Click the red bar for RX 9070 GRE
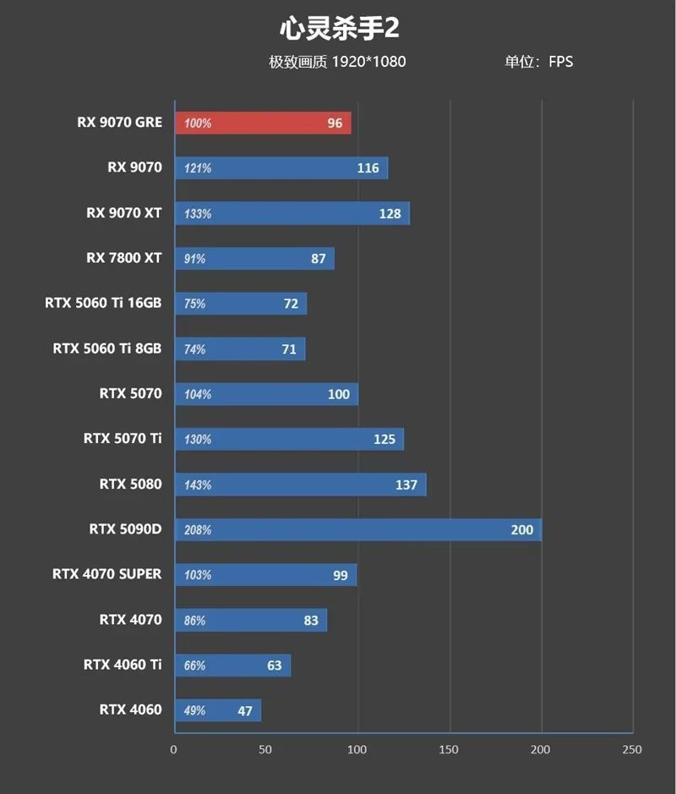[x=263, y=123]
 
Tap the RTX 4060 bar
[x=218, y=711]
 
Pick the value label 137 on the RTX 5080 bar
[x=406, y=485]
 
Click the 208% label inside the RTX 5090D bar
[x=198, y=530]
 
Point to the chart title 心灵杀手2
[x=339, y=29]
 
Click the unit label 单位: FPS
[x=539, y=62]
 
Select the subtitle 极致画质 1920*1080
[x=337, y=62]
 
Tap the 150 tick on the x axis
[x=450, y=749]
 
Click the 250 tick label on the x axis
[x=632, y=749]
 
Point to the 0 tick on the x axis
[x=174, y=749]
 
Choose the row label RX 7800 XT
[x=123, y=258]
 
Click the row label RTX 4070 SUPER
[x=106, y=574]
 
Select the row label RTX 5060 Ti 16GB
[x=103, y=303]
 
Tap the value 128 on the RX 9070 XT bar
[x=390, y=214]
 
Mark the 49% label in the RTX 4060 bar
[x=194, y=711]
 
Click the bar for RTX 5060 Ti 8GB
[x=240, y=349]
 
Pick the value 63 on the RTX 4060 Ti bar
[x=275, y=665]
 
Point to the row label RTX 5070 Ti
[x=123, y=438]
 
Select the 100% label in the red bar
[x=198, y=123]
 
